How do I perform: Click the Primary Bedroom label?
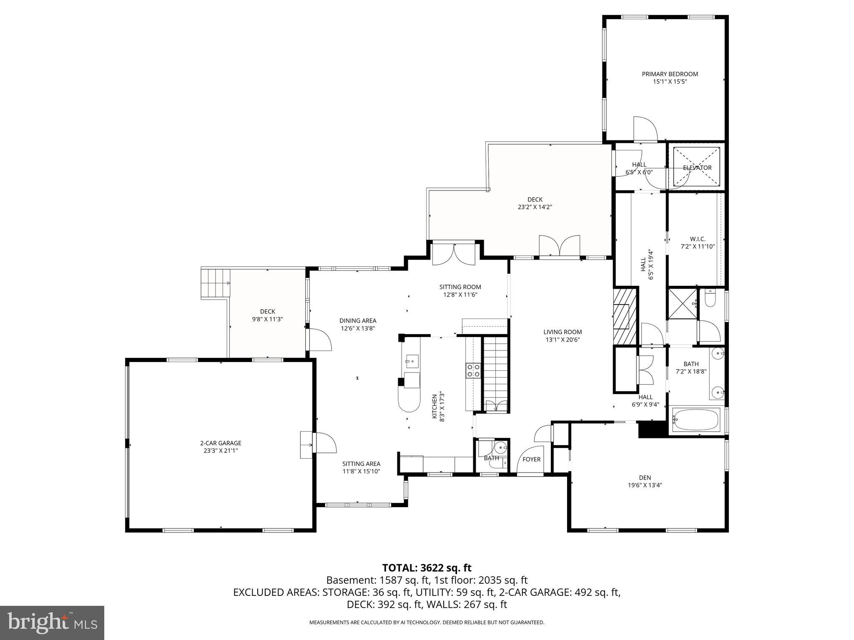tap(670, 74)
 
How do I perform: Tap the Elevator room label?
tap(697, 168)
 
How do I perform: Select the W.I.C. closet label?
tap(698, 239)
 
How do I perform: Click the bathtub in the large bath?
tap(696, 420)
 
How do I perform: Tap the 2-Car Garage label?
tap(221, 443)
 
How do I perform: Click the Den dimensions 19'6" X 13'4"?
tap(645, 485)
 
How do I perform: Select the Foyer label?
tap(531, 459)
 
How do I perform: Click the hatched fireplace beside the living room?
tap(624, 315)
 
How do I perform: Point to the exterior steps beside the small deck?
tap(216, 283)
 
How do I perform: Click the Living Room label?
tap(563, 332)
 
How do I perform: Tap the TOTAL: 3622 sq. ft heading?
tap(427, 568)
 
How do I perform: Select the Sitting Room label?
tap(460, 287)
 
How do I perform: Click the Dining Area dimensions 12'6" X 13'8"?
tap(358, 328)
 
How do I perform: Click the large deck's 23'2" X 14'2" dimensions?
tap(535, 207)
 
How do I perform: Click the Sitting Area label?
tap(361, 464)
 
